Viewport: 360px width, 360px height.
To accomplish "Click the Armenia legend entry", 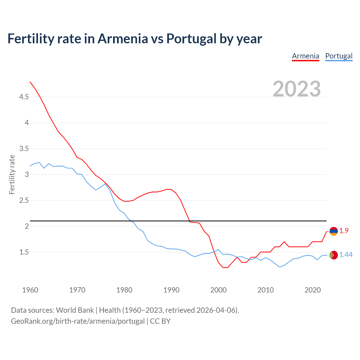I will tap(305, 56).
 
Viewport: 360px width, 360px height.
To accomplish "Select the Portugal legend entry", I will tap(339, 56).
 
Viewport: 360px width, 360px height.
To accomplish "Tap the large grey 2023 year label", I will tap(297, 89).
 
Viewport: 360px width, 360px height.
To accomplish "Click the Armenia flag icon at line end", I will tap(334, 231).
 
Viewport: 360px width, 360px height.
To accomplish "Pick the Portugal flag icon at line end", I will tap(334, 255).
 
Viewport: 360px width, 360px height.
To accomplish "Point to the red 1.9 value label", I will tap(344, 231).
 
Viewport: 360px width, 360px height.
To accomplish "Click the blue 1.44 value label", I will tap(346, 255).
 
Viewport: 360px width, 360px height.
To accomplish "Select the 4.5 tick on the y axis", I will tap(24, 97).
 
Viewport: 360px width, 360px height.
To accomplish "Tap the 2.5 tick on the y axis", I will tap(24, 201).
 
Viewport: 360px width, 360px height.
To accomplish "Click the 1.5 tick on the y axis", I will tap(24, 252).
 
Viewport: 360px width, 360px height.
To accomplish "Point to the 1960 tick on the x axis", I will tap(30, 290).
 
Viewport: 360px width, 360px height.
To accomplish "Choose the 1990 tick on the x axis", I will tap(171, 290).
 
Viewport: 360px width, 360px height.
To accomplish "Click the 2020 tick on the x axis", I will tap(312, 290).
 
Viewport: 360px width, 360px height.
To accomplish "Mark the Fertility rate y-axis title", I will tap(12, 174).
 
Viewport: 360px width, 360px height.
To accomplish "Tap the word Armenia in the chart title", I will tap(123, 39).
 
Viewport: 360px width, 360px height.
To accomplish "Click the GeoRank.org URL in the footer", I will tap(78, 321).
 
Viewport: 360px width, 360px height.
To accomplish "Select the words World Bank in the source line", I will tap(75, 310).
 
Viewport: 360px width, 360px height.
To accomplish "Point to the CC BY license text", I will tap(160, 321).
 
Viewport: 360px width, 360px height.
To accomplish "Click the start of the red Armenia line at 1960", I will tap(30, 82).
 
